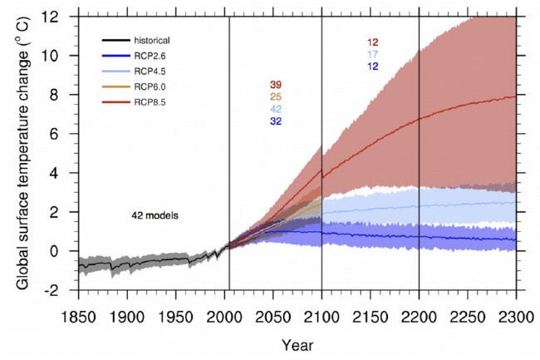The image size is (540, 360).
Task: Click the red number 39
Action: pos(276,86)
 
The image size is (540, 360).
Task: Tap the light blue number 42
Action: pos(276,110)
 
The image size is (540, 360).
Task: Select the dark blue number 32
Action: pos(276,121)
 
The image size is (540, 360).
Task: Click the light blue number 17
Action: pos(372,55)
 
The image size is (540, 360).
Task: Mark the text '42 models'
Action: pos(155,215)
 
